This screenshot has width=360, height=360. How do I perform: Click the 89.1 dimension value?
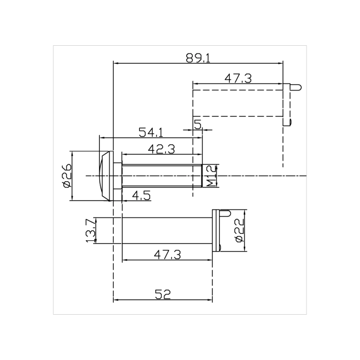(x=198, y=58)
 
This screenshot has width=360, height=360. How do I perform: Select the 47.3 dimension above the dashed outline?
(x=238, y=78)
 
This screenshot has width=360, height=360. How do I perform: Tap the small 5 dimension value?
(x=197, y=124)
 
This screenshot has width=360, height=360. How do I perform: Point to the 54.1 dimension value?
(x=151, y=132)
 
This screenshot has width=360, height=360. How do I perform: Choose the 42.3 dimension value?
(x=161, y=149)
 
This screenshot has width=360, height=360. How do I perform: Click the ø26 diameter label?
(x=66, y=176)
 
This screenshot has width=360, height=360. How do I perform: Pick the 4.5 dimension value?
(x=141, y=195)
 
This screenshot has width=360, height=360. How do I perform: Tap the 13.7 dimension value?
(x=91, y=230)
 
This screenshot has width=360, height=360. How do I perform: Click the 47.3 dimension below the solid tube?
(x=167, y=254)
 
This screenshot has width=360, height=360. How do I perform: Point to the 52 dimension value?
(x=163, y=294)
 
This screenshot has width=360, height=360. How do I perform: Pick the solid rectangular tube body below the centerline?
(x=167, y=230)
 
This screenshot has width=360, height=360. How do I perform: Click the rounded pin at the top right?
(x=297, y=87)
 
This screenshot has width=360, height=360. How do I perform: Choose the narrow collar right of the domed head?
(x=118, y=176)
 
